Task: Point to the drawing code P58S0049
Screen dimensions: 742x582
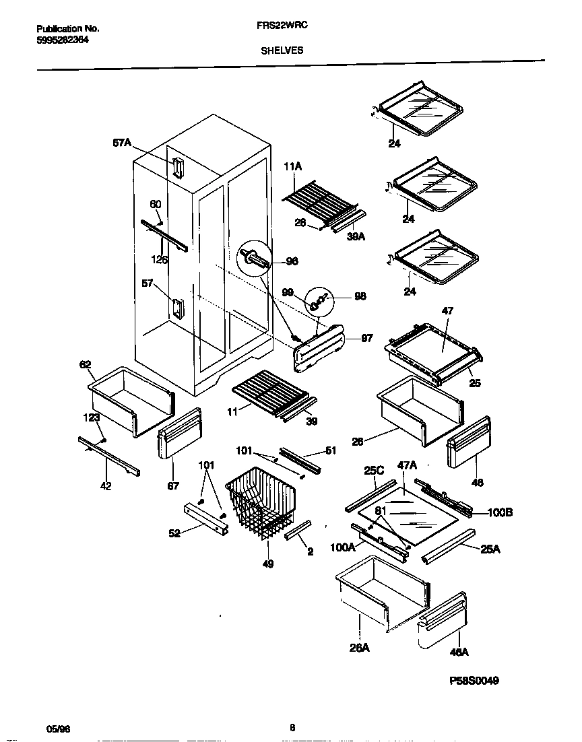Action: click(x=474, y=681)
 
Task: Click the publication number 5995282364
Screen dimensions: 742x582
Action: click(x=63, y=39)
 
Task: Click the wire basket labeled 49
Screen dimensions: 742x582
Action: click(x=259, y=505)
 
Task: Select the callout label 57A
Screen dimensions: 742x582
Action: click(x=122, y=143)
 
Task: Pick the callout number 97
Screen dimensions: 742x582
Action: click(x=366, y=339)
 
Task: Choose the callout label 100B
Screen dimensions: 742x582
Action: click(x=499, y=512)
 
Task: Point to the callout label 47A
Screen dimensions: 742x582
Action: click(x=408, y=465)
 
